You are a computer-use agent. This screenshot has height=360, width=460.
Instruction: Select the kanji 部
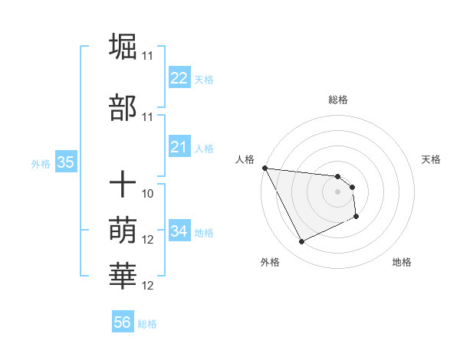point(123,108)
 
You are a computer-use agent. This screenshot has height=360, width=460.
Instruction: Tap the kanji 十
point(123,185)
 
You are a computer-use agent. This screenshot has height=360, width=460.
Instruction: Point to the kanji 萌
point(123,231)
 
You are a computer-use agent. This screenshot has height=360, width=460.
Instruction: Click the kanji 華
point(123,277)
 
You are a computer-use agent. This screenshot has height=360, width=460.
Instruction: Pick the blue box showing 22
point(179,78)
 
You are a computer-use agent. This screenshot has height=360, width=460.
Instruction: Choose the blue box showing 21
point(179,147)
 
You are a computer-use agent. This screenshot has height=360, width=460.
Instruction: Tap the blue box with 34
point(179,231)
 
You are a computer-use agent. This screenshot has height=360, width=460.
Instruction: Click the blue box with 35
point(65,162)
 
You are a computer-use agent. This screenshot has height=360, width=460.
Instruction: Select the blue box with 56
point(123,323)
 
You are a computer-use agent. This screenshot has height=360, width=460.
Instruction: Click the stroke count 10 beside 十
point(148,194)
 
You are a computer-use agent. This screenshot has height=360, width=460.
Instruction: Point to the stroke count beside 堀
point(147,56)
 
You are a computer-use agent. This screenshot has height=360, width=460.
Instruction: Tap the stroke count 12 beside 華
point(148,286)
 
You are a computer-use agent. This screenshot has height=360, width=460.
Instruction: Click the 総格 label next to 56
point(147,324)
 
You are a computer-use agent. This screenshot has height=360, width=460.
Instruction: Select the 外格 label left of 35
point(41,163)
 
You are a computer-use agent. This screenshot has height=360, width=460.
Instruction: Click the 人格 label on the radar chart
point(245,159)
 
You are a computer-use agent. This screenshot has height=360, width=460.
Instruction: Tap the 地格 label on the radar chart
point(402,262)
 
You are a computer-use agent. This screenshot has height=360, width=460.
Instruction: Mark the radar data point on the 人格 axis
point(265,168)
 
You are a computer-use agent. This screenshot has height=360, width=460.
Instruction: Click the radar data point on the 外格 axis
point(301,242)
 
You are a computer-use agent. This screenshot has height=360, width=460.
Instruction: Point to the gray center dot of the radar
point(337,191)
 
